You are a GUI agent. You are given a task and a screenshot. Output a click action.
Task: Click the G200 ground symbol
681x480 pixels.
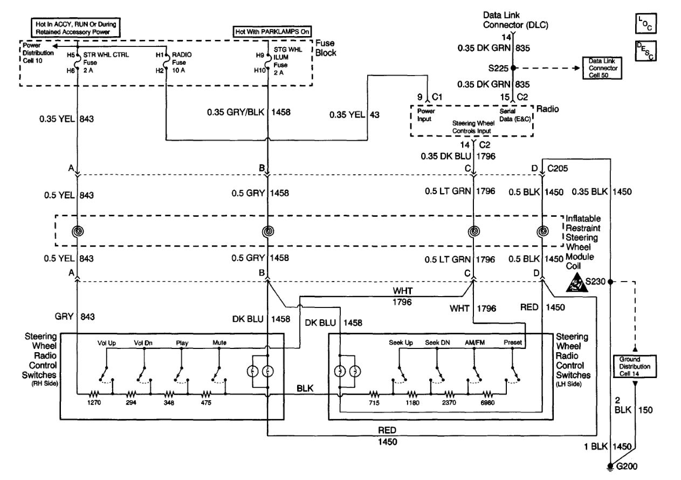pyautogui.click(x=610, y=467)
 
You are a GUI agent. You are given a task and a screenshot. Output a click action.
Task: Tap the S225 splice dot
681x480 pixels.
pyautogui.click(x=513, y=68)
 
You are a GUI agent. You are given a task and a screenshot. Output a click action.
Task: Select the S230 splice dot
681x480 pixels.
pyautogui.click(x=610, y=282)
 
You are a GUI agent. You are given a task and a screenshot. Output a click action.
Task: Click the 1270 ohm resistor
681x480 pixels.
pyautogui.click(x=94, y=395)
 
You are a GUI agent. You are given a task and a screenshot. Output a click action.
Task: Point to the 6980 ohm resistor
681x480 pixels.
pyautogui.click(x=487, y=395)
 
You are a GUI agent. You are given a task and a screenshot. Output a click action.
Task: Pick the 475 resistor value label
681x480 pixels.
pyautogui.click(x=206, y=403)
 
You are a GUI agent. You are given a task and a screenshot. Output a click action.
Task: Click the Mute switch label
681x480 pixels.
pyautogui.click(x=219, y=343)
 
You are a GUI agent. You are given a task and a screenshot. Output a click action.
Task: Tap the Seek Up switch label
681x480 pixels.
pyautogui.click(x=401, y=342)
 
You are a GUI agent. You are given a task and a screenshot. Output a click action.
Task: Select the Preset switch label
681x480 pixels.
pyautogui.click(x=513, y=342)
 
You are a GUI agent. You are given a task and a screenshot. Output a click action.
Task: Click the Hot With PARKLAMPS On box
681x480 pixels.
pyautogui.click(x=272, y=32)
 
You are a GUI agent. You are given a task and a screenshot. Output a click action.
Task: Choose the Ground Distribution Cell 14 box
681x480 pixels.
pyautogui.click(x=635, y=366)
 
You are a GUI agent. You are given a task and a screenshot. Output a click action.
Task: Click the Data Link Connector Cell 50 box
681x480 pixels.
pyautogui.click(x=602, y=68)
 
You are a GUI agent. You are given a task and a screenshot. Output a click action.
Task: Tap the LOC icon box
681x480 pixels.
pyautogui.click(x=646, y=23)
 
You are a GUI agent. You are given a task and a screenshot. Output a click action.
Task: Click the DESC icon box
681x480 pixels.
pyautogui.click(x=646, y=51)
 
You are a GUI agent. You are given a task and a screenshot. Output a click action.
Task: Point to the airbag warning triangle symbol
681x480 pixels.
pyautogui.click(x=576, y=283)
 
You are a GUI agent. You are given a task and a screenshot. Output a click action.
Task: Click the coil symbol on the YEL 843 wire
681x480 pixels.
pyautogui.click(x=78, y=231)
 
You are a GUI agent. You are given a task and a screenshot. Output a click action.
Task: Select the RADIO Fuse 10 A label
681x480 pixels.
pyautogui.click(x=182, y=63)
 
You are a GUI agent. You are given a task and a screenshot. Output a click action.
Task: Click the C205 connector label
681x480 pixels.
pyautogui.click(x=558, y=168)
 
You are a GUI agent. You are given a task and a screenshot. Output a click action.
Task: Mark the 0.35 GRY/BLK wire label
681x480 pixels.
pyautogui.click(x=236, y=112)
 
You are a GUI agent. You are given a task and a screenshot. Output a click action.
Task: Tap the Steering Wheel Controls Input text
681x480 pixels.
pyautogui.click(x=473, y=127)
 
